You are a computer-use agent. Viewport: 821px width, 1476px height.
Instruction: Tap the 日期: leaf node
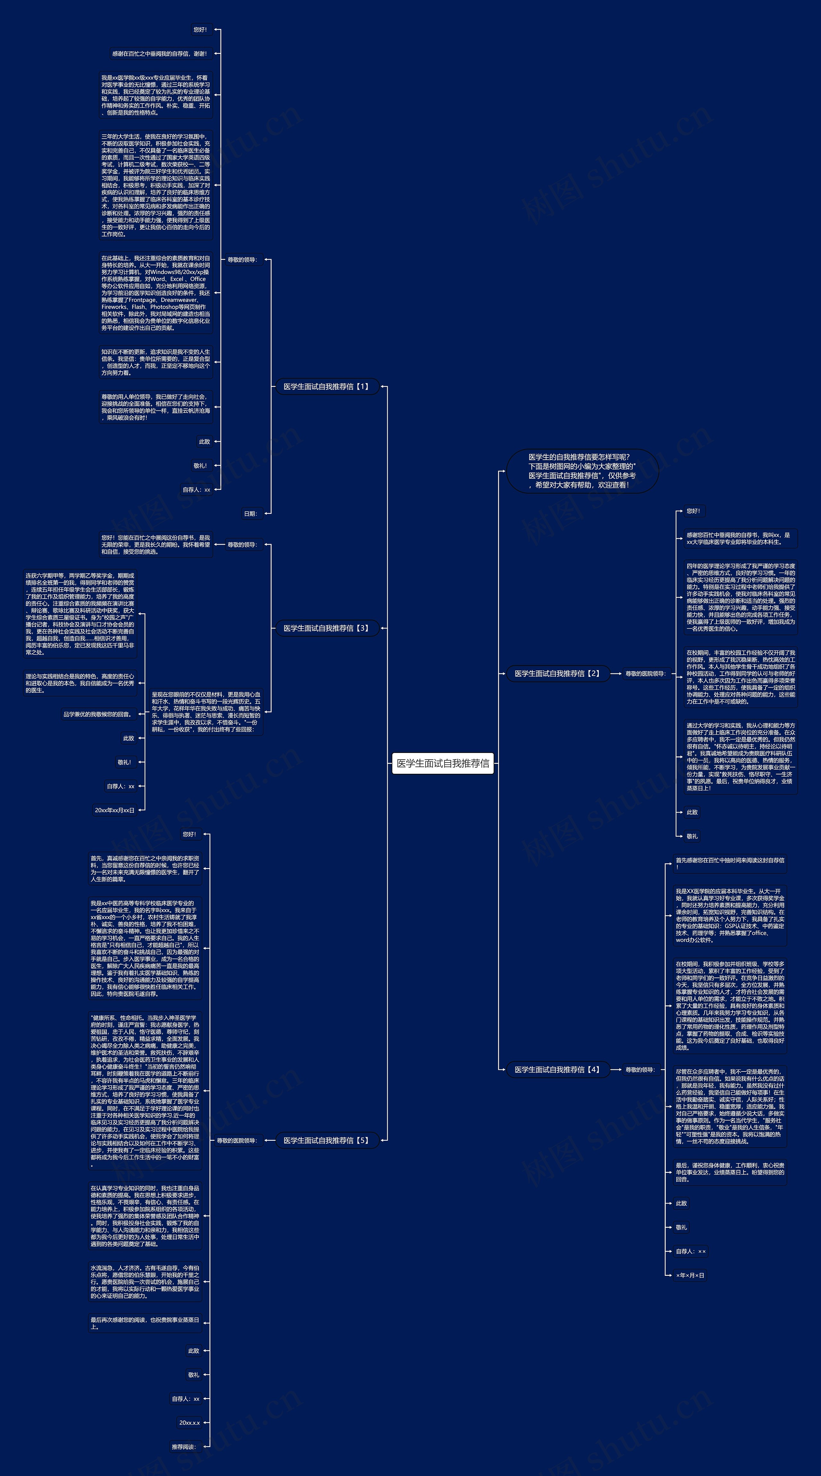(250, 513)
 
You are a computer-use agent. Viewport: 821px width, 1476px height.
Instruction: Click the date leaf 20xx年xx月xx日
(114, 810)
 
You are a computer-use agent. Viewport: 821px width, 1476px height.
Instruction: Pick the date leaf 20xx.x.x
(189, 1423)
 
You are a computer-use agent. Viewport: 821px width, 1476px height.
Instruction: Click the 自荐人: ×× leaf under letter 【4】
(690, 1251)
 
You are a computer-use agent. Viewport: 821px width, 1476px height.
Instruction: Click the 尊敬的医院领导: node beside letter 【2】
(645, 673)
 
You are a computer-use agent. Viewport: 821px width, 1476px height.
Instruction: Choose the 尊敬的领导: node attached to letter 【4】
(639, 1069)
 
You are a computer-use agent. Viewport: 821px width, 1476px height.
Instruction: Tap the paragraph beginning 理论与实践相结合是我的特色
(80, 683)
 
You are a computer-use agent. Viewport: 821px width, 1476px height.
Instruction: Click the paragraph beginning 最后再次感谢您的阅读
(145, 1323)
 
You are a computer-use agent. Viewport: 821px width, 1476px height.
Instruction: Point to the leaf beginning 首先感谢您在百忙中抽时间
(729, 864)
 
